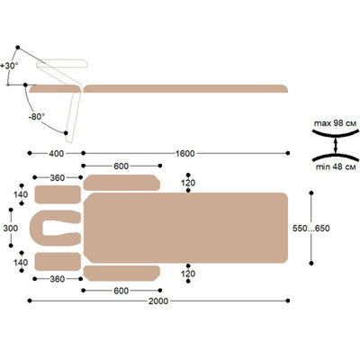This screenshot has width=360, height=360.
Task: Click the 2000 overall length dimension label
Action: pyautogui.click(x=158, y=301)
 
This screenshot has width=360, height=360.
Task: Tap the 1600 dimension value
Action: pyautogui.click(x=185, y=154)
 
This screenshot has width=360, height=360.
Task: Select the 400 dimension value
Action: pyautogui.click(x=56, y=154)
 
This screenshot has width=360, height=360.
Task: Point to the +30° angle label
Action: pyautogui.click(x=9, y=66)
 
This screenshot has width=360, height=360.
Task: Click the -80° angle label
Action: pyautogui.click(x=37, y=117)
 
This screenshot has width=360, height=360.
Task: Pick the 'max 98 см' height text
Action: pyautogui.click(x=335, y=123)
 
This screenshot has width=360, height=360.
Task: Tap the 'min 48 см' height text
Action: pyautogui.click(x=336, y=167)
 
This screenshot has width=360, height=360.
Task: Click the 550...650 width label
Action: pyautogui.click(x=311, y=229)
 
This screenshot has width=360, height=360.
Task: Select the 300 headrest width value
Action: pyautogui.click(x=11, y=229)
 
